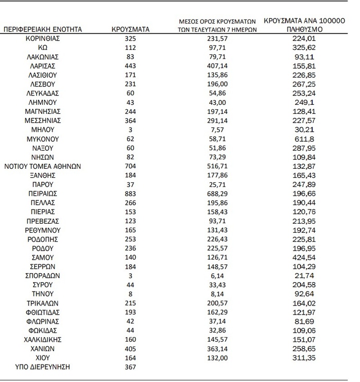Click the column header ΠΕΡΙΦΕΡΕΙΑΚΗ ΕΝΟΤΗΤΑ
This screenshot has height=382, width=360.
(x=42, y=30)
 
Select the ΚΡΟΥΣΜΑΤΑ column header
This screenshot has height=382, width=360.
(x=131, y=30)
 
